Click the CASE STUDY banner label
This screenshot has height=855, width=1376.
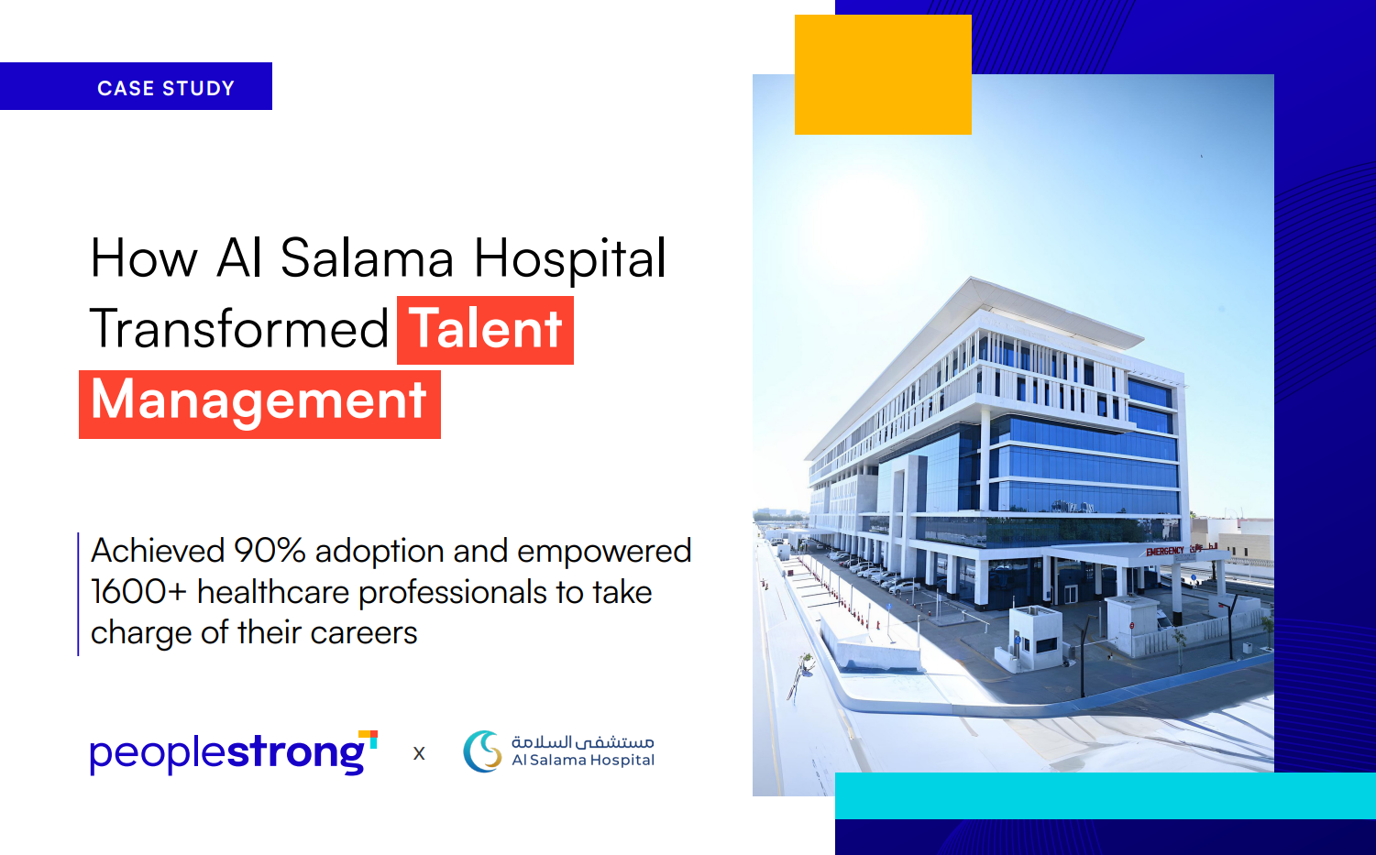point(166,88)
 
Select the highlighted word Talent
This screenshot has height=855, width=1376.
point(485,330)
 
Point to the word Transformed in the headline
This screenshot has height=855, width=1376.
point(239,329)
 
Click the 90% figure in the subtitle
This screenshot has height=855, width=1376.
point(270,551)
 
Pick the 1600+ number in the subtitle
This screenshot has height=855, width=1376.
point(138,592)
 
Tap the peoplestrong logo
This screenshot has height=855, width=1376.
point(234,751)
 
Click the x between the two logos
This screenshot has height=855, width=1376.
point(419,753)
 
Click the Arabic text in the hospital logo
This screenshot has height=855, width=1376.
point(583,742)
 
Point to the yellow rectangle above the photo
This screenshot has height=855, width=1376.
point(883,74)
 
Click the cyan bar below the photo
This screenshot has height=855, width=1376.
point(1105,795)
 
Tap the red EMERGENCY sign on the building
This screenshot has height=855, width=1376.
point(1164,552)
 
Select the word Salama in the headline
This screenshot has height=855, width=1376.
point(367,258)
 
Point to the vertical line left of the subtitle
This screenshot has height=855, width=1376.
point(78,594)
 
